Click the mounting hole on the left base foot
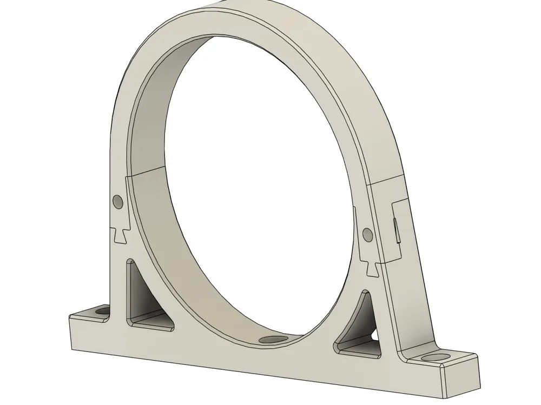click(101, 311)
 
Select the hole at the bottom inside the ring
click(273, 340)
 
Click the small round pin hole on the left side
click(118, 202)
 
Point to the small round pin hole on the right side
click(367, 234)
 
